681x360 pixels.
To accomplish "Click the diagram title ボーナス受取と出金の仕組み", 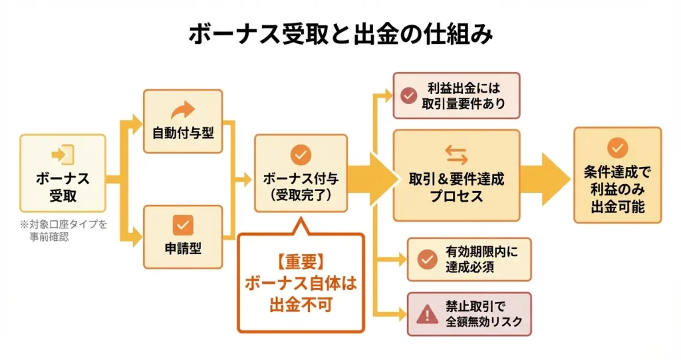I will pyautogui.click(x=340, y=35).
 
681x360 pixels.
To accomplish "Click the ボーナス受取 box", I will pyautogui.click(x=63, y=173).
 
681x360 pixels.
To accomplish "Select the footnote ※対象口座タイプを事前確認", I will pyautogui.click(x=63, y=230).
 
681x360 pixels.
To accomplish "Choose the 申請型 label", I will pyautogui.click(x=183, y=248).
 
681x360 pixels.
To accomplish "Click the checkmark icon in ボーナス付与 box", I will pyautogui.click(x=301, y=155).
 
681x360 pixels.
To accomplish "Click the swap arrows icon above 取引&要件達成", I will pyautogui.click(x=456, y=154).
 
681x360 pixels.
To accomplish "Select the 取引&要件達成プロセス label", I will pyautogui.click(x=456, y=188).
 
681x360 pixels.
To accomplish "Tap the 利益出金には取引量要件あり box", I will pyautogui.click(x=456, y=96).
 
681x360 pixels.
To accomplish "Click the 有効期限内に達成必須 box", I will pyautogui.click(x=469, y=260).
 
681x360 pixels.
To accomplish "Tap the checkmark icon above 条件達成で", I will pyautogui.click(x=617, y=148).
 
